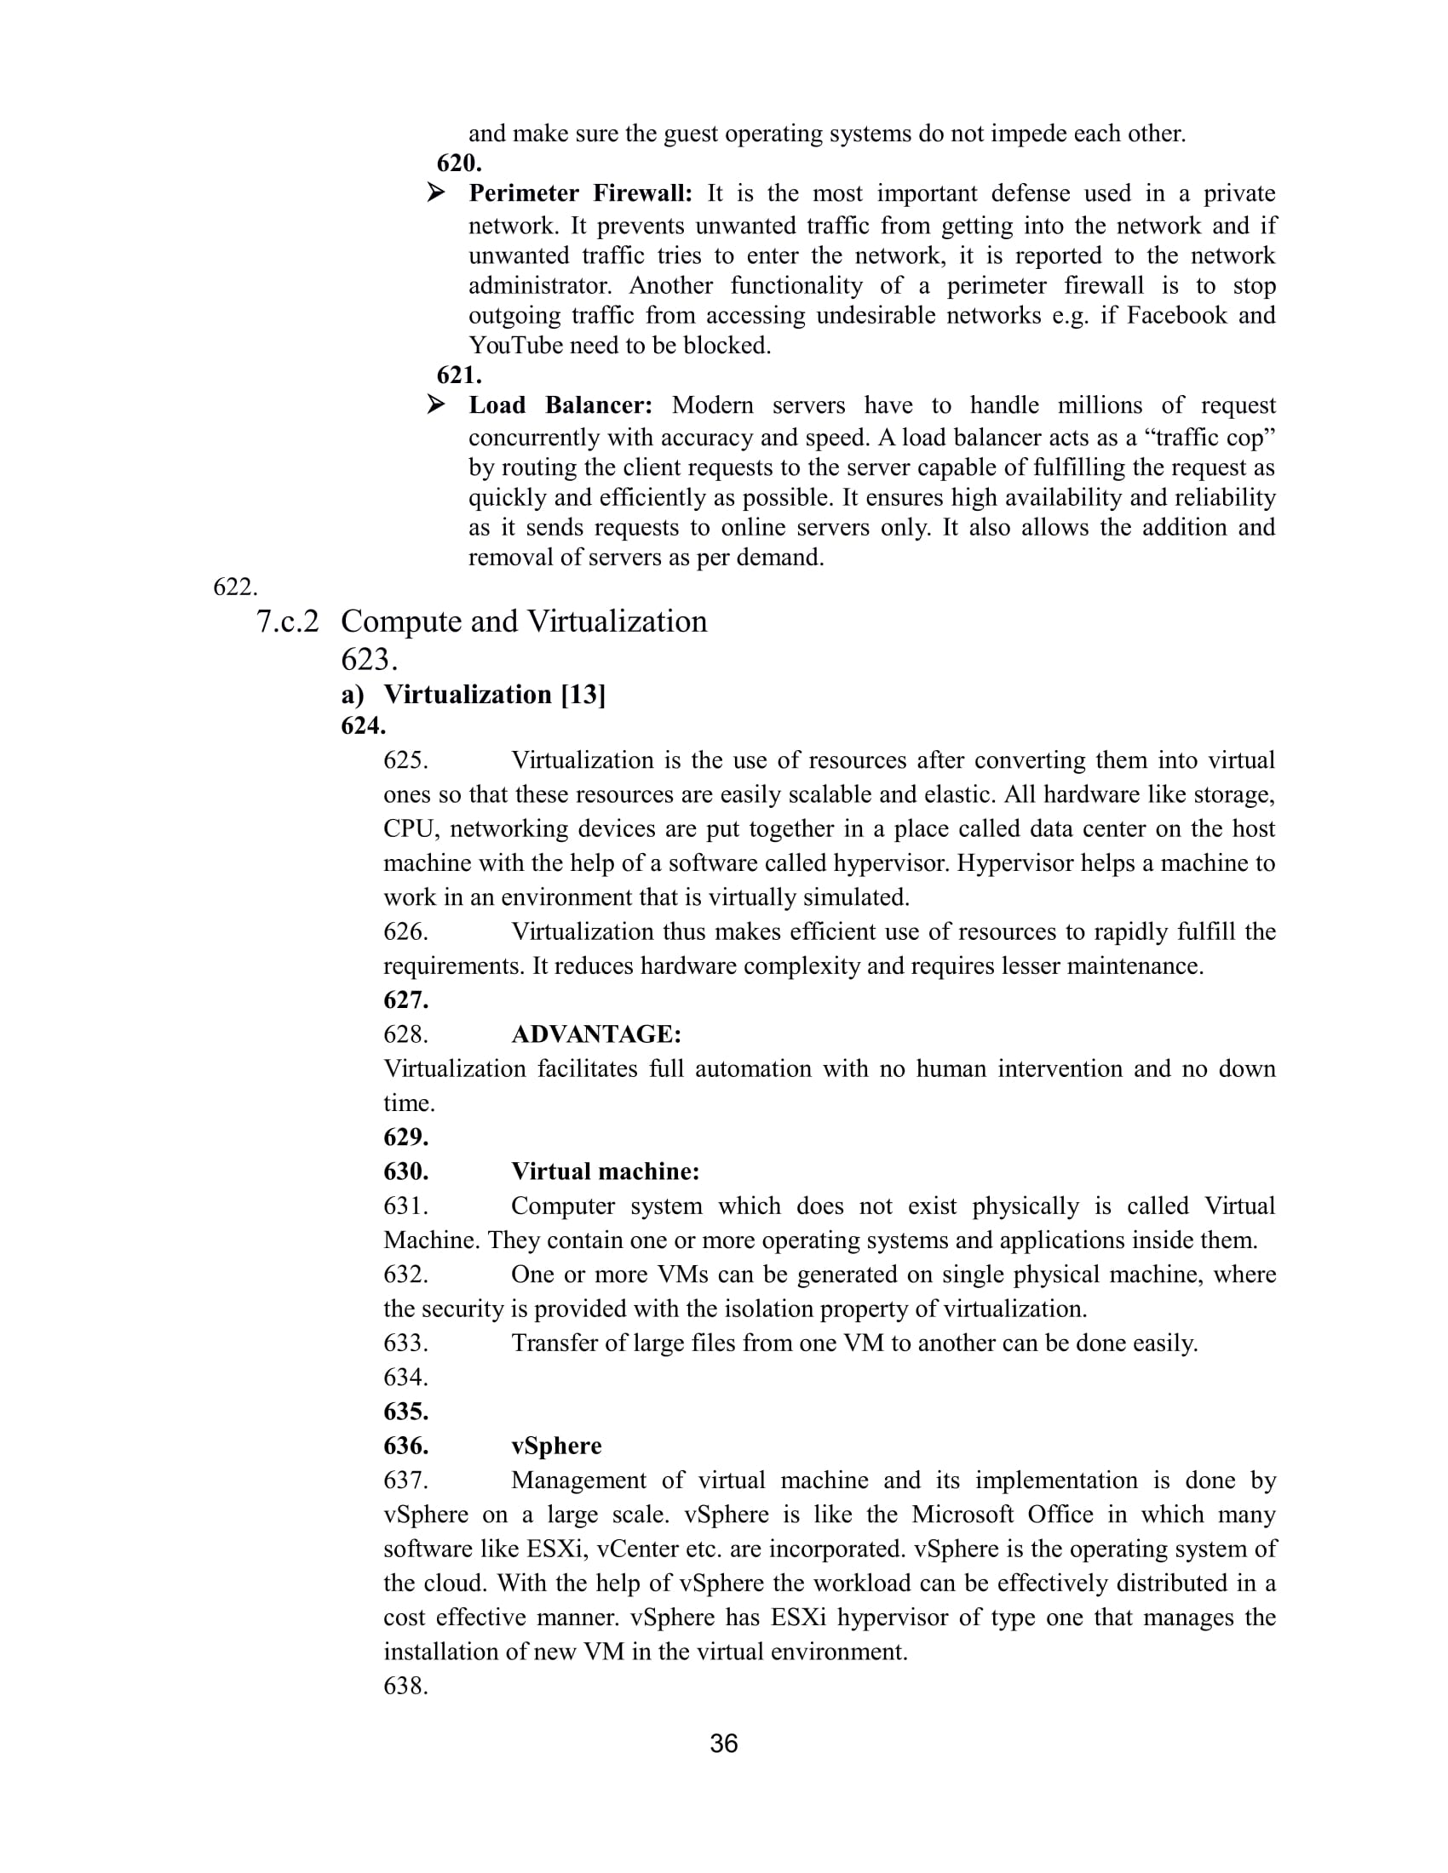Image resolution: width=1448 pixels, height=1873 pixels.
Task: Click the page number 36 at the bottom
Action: coord(723,1743)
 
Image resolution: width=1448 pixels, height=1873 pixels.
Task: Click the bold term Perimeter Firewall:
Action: coord(580,194)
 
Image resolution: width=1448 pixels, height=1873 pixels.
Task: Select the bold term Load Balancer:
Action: coord(560,405)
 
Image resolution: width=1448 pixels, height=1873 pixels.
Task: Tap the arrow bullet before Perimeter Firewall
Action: coord(436,193)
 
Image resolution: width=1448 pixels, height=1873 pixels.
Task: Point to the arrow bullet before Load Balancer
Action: coord(436,404)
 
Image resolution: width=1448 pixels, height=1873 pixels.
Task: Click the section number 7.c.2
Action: coord(287,621)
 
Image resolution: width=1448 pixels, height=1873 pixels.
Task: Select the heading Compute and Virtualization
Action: coord(523,621)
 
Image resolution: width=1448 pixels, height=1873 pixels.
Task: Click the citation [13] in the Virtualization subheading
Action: coord(583,695)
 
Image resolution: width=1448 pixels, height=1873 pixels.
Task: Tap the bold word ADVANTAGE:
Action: coord(596,1034)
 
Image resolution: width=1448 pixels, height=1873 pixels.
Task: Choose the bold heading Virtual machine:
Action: coord(606,1171)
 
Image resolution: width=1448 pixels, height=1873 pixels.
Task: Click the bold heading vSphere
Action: coord(557,1446)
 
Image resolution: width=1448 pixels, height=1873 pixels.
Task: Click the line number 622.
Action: coord(235,587)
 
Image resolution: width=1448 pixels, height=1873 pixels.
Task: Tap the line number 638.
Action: coord(405,1686)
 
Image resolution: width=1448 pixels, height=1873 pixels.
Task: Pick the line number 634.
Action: coord(405,1378)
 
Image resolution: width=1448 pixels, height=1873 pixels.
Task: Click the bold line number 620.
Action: coord(459,163)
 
